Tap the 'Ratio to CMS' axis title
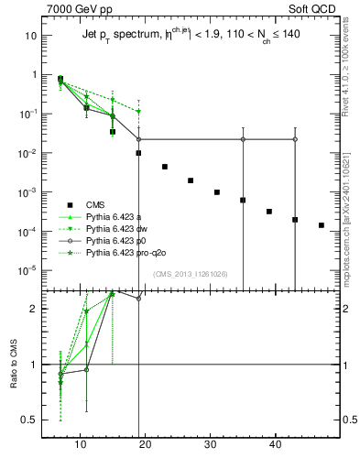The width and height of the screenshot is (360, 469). click(15, 363)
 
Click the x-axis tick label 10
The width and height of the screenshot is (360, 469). click(81, 444)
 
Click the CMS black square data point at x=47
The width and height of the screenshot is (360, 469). click(322, 224)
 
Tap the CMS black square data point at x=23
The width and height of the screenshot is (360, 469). click(165, 167)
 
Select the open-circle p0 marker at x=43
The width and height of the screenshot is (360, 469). click(295, 139)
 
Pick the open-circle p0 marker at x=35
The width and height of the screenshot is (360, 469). click(243, 139)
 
